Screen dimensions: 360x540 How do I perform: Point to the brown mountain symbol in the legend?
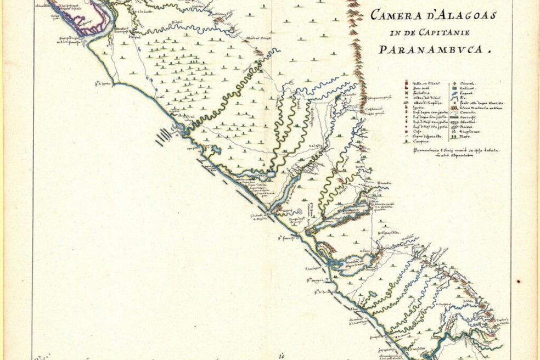pyautogui.click(x=455, y=109)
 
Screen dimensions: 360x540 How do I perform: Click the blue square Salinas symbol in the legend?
pyautogui.click(x=455, y=89)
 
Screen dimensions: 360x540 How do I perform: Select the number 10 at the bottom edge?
pyautogui.click(x=280, y=356)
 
